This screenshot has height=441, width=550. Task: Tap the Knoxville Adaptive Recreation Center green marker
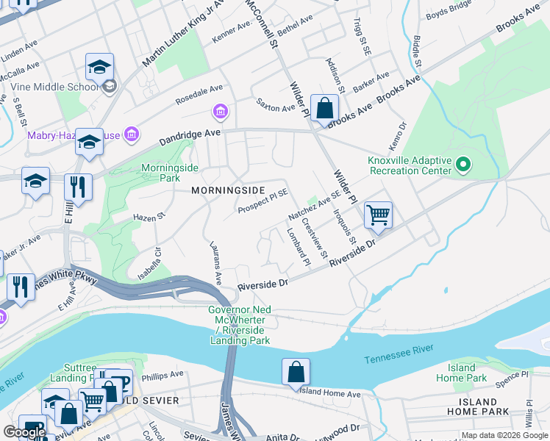(463, 165)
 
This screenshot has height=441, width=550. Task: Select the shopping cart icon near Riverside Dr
(378, 215)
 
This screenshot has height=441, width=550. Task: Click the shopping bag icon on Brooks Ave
(324, 109)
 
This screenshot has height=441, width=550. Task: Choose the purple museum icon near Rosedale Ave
(220, 112)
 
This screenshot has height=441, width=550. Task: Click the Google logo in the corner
(25, 431)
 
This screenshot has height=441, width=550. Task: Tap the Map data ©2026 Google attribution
(504, 435)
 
